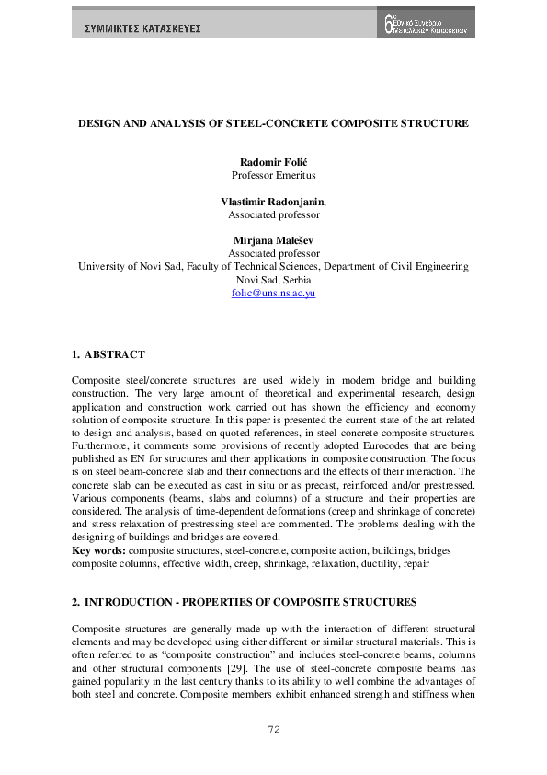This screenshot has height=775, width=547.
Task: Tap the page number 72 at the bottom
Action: coord(273,730)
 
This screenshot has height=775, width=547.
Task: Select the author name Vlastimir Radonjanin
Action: coord(272,201)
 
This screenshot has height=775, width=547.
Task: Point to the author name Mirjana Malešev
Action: coord(273,240)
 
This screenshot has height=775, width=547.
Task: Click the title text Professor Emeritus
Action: coord(273,174)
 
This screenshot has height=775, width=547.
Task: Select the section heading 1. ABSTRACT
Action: coord(108,354)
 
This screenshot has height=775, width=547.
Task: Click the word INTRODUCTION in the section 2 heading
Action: coord(132,602)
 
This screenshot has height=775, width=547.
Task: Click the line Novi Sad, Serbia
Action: coord(273,280)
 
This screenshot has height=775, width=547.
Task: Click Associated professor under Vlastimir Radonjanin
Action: coord(273,214)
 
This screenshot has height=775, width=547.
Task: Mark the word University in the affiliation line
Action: coord(102,267)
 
